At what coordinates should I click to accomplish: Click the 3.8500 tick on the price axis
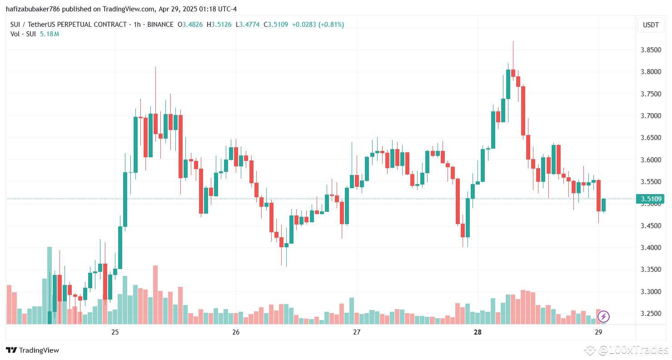650,50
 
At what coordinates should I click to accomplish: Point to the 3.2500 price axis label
650,314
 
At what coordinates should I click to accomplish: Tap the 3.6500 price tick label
650,138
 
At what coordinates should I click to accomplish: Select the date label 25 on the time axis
115,332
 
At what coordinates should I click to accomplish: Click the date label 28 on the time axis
478,332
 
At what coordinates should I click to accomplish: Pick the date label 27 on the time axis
357,332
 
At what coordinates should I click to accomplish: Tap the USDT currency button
650,25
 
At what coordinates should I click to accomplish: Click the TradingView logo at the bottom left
32,350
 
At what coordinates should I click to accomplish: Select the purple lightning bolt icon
604,316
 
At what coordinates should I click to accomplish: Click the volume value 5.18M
50,34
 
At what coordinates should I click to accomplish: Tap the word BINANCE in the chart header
160,25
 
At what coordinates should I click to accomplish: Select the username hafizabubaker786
33,9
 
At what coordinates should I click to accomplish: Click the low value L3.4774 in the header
247,25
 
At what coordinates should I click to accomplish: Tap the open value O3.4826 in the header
191,25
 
